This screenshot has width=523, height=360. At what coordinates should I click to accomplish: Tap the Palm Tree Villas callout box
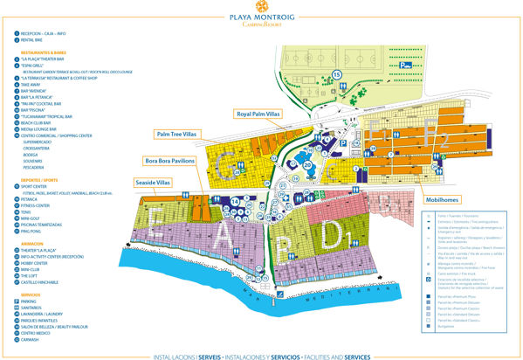click(178, 134)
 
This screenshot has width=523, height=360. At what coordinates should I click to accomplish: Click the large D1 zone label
click(334, 234)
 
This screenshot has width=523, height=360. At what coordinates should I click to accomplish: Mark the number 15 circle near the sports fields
click(337, 76)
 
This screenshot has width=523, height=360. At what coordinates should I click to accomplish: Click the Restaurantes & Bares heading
click(40, 52)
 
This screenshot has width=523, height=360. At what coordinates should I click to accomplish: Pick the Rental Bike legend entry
click(32, 40)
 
